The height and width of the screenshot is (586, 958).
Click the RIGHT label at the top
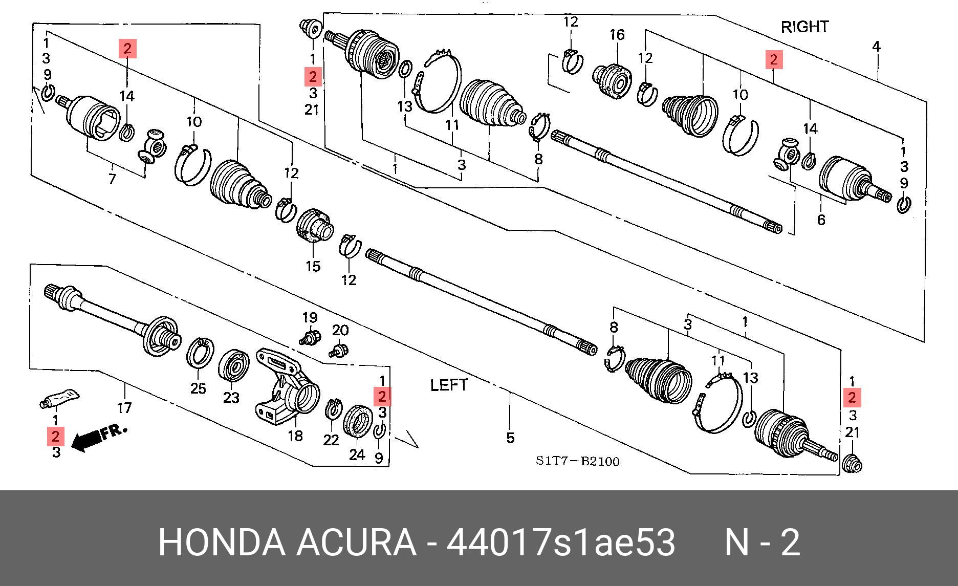804,27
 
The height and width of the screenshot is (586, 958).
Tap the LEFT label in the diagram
449,385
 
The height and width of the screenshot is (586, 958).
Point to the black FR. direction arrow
87,441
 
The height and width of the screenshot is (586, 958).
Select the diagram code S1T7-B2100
577,461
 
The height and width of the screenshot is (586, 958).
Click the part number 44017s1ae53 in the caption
561,542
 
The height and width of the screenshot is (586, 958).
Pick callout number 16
617,35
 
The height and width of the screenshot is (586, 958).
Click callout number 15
313,266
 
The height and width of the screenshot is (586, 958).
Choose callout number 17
124,407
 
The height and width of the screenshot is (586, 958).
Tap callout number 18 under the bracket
295,436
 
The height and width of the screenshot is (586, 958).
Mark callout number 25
198,388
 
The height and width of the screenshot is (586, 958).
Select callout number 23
231,397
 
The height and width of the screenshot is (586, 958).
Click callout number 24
357,454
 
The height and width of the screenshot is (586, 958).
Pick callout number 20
340,331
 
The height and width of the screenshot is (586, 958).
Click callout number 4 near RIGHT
876,47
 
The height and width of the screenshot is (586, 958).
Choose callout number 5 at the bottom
510,438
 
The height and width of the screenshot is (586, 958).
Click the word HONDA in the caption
221,542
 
